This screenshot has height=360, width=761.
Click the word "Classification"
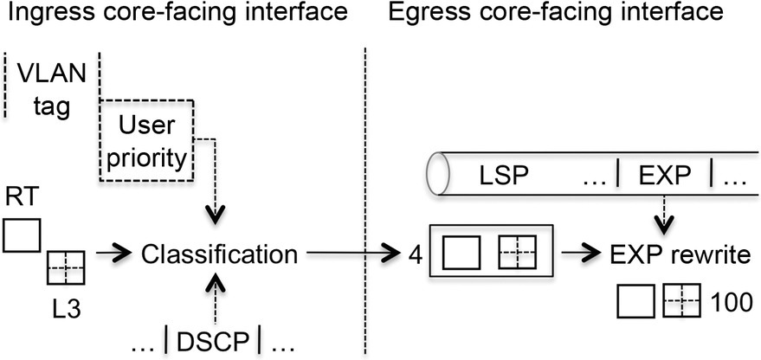pyautogui.click(x=220, y=254)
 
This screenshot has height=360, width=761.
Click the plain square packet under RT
pyautogui.click(x=21, y=234)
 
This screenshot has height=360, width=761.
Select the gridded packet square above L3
pyautogui.click(x=66, y=268)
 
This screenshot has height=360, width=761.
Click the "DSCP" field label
pyautogui.click(x=212, y=344)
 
